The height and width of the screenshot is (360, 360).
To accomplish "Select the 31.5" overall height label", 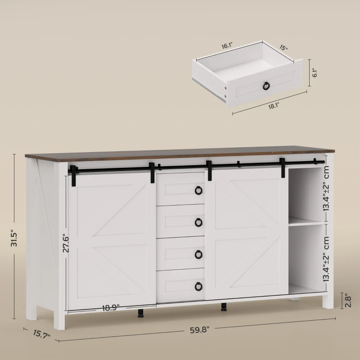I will (14, 238).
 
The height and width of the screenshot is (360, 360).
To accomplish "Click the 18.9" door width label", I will (111, 308).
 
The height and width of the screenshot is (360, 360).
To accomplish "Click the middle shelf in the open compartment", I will (306, 221).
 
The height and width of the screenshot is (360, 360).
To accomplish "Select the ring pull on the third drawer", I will (198, 254).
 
